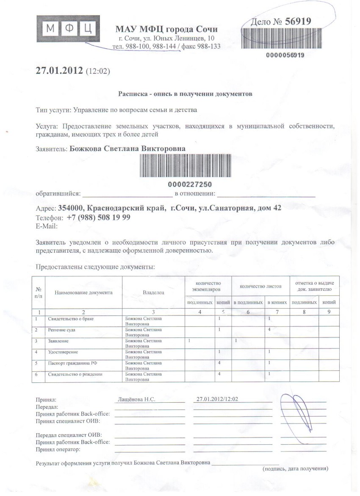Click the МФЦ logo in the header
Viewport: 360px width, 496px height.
[68, 29]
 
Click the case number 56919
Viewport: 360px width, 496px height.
[298, 22]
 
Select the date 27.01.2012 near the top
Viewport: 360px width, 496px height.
[59, 70]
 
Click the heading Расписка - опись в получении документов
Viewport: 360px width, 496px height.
[185, 94]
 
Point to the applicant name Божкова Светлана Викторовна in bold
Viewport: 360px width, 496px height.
[127, 148]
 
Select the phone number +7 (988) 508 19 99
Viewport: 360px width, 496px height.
[98, 217]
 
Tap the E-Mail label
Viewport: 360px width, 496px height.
[47, 226]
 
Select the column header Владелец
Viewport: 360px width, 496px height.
[153, 293]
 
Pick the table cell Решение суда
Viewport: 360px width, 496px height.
[62, 329]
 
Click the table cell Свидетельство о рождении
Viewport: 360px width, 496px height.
[75, 374]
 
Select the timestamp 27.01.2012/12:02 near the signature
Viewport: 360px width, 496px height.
[218, 399]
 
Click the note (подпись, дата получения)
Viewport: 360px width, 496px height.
[295, 469]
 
